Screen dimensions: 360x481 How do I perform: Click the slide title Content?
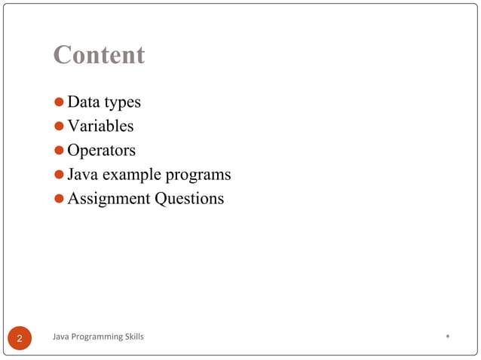pos(99,55)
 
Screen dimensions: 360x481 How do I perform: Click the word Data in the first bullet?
pos(84,102)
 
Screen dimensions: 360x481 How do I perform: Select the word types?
pos(123,102)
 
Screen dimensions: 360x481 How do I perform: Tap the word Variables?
pos(100,126)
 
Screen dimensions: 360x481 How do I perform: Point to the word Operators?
pos(101,151)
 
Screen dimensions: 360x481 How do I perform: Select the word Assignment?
pos(108,200)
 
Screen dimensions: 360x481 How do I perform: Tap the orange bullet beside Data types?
pos(60,102)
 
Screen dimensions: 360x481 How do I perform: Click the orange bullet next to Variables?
pos(60,127)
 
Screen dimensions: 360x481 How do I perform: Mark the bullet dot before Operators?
pos(60,151)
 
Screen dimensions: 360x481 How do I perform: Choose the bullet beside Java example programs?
pos(60,175)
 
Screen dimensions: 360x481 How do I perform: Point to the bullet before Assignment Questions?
pos(60,200)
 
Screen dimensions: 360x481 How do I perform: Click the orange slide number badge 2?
pos(20,338)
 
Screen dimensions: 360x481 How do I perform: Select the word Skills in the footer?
pos(133,336)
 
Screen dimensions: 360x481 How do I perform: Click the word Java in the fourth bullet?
pos(82,175)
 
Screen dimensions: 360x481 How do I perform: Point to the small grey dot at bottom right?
pos(448,336)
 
